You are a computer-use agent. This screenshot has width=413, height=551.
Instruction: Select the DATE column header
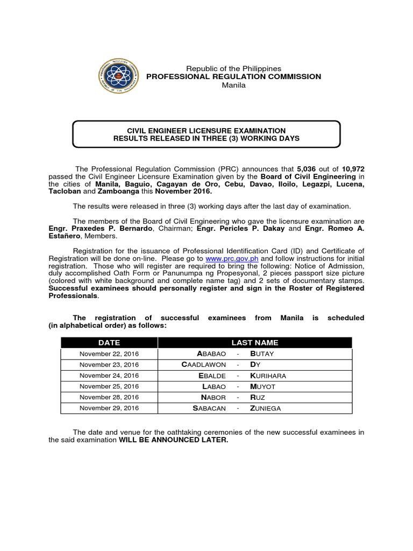[109, 343]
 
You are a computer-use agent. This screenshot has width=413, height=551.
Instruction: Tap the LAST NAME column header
[262, 343]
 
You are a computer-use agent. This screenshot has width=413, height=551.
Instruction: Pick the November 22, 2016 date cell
[109, 354]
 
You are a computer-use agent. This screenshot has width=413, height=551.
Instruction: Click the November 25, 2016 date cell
[109, 386]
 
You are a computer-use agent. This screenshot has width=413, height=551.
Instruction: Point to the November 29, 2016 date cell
[109, 408]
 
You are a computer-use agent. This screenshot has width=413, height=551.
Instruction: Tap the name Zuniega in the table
[266, 408]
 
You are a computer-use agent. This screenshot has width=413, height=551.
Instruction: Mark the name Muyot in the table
[262, 386]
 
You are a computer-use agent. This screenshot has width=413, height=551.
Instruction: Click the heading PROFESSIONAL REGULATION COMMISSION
[234, 77]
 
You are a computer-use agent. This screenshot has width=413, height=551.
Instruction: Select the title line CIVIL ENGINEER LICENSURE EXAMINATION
[206, 131]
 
